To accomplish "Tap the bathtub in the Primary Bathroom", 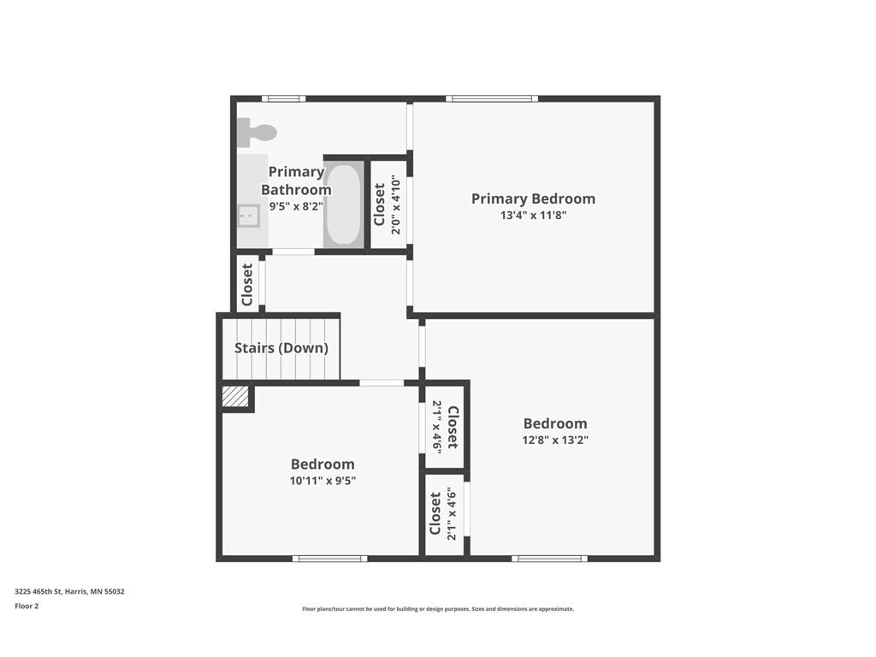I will coord(342,204).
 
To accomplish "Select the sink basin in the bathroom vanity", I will coord(248,216).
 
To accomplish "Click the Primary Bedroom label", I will coord(533,198).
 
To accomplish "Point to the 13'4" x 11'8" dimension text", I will coord(533,216).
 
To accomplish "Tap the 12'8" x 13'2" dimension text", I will coord(555,441).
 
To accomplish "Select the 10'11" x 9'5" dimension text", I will coord(322,481).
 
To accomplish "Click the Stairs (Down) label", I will coord(281,348).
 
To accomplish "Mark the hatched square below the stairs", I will coord(235,396).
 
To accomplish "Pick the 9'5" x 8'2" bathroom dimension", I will coord(296,206).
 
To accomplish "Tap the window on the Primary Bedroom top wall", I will coord(491,98).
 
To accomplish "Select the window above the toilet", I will coord(283,98).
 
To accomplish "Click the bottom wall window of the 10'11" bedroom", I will coord(329,559).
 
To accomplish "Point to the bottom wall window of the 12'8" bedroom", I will coord(549,559).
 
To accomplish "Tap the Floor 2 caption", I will coord(27,606).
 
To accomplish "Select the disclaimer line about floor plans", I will coord(437,609).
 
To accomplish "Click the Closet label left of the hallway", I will coord(247,284).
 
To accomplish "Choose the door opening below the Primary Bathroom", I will coord(293,252).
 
